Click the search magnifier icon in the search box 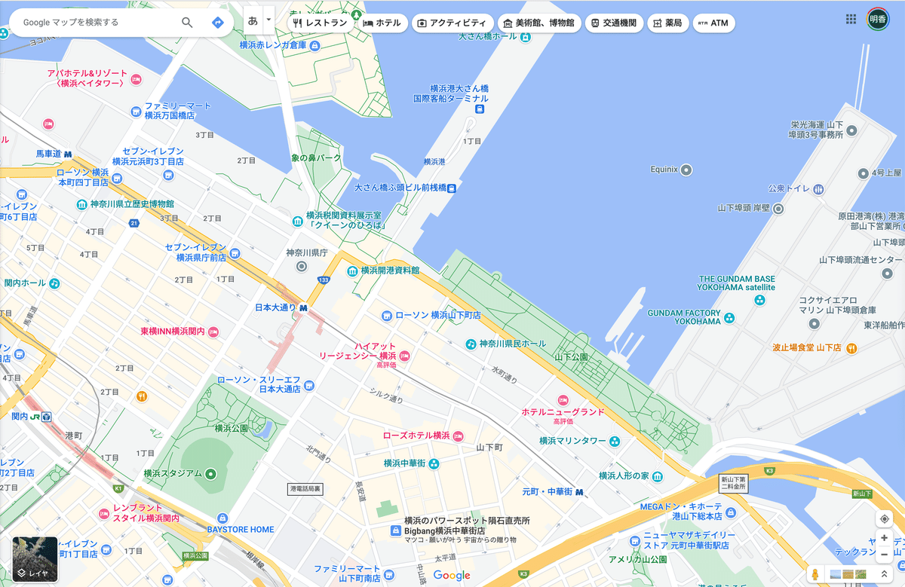point(187,23)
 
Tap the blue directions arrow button point(218,23)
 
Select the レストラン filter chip point(321,23)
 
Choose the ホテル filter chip point(382,23)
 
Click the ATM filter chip point(713,23)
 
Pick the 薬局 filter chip point(668,23)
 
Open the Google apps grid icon point(851,20)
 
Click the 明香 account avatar point(878,20)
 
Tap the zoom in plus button point(885,538)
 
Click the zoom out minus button point(885,555)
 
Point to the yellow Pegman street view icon point(815,574)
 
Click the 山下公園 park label point(571,356)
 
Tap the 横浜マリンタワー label point(572,441)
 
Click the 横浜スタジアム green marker point(210,474)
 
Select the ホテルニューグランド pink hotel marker point(563,399)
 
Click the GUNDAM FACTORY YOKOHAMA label point(684,316)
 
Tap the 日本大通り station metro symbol point(303,307)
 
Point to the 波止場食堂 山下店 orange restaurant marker point(851,348)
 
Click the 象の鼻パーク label point(316,158)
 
